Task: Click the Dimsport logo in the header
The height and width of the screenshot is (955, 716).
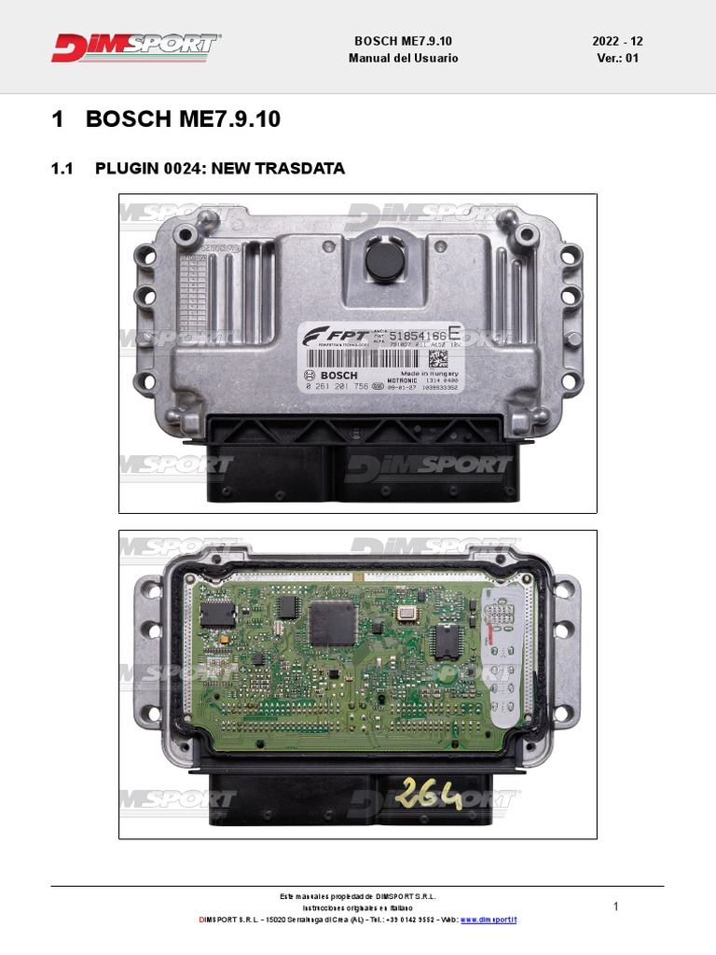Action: [x=136, y=48]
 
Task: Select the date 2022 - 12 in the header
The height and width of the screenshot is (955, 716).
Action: [x=617, y=42]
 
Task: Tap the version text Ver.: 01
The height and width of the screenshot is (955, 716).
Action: [x=617, y=58]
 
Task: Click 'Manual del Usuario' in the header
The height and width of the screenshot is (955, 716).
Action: [x=404, y=58]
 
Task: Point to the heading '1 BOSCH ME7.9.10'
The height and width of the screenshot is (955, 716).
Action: [x=166, y=119]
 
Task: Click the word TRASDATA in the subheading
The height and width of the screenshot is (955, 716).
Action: [x=301, y=169]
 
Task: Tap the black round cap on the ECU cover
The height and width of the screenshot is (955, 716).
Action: [x=383, y=260]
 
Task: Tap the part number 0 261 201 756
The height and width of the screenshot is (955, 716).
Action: [x=336, y=386]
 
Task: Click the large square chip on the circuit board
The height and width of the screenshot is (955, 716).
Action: [x=334, y=622]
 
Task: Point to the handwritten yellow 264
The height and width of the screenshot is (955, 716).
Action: [x=429, y=795]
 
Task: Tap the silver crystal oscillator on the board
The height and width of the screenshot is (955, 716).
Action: [x=406, y=612]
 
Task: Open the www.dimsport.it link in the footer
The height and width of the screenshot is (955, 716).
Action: [x=489, y=920]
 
